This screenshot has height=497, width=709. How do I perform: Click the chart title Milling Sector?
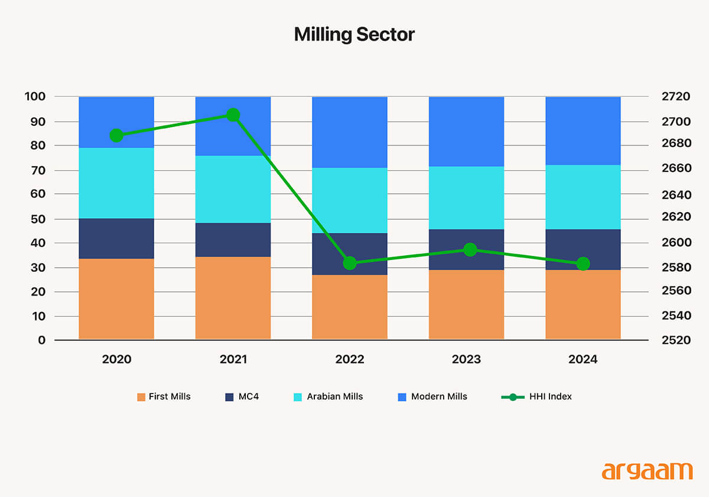[x=354, y=35]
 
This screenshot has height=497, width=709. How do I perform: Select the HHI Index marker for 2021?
[x=233, y=115]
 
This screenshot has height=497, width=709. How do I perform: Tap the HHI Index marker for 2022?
[x=350, y=263]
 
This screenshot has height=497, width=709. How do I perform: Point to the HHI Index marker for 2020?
[x=116, y=135]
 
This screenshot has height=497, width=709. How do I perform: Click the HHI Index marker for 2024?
[x=583, y=264]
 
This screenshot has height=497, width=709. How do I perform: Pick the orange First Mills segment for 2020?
[x=116, y=298]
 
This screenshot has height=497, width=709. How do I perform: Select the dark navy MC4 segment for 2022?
[x=350, y=254]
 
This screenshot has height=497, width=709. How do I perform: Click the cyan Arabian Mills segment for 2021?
[x=233, y=189]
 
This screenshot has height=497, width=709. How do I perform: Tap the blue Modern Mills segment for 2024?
[x=583, y=131]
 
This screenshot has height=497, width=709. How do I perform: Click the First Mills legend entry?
[x=164, y=397]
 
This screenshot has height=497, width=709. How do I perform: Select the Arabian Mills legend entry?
[x=328, y=397]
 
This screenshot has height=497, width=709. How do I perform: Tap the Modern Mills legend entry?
[x=432, y=397]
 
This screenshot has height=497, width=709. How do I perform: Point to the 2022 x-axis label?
[x=350, y=359]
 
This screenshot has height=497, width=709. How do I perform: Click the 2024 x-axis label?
[x=583, y=359]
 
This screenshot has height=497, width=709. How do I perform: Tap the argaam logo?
[x=647, y=472]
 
